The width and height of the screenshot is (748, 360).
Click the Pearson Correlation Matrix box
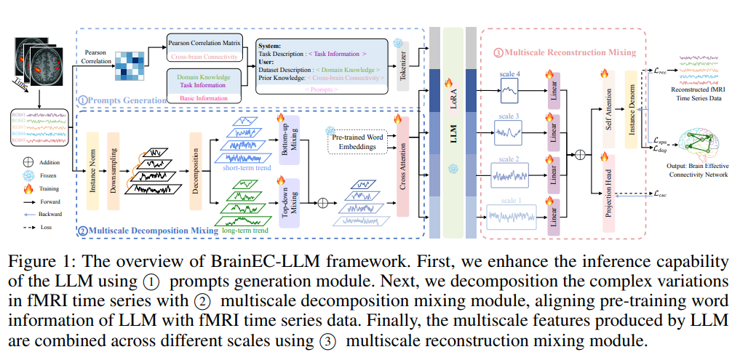202,42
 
